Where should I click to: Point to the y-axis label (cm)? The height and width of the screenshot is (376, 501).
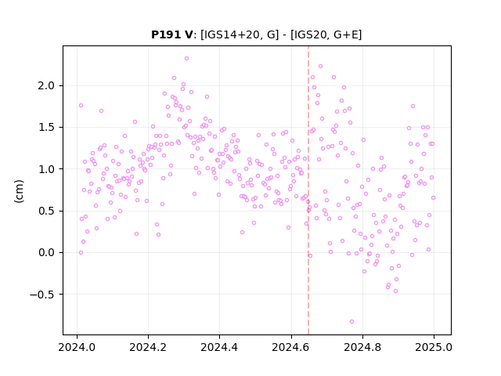19,191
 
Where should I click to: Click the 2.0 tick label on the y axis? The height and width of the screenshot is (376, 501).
47,85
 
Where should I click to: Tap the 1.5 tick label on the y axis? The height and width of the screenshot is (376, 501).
47,127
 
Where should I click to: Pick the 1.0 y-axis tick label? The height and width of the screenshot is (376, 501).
47,169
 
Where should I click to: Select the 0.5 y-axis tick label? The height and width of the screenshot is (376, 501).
47,211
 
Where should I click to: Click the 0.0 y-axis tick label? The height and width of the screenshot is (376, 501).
47,252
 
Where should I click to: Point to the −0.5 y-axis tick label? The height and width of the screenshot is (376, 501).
42,295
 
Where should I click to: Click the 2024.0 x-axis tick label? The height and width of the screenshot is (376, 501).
77,347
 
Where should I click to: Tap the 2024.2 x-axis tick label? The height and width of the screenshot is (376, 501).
148,347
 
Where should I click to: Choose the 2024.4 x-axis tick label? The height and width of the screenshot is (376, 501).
219,347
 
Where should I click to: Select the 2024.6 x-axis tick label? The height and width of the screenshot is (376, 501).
291,347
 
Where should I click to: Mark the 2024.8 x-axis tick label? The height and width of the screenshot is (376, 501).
362,347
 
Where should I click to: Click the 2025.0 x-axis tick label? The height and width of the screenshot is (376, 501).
434,347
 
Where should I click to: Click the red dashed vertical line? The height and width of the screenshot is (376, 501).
308,190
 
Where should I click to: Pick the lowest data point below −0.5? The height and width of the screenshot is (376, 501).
351,322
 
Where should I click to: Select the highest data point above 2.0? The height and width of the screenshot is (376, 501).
186,59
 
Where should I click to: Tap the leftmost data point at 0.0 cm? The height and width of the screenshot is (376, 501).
81,252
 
